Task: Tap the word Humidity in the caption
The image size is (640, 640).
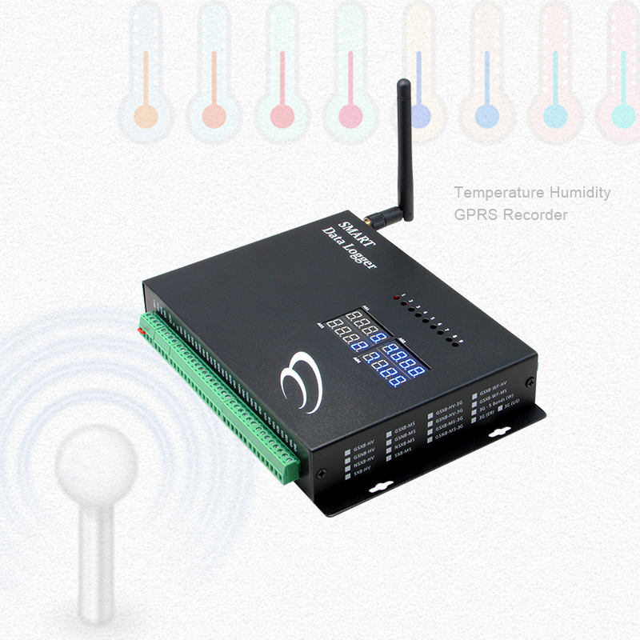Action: pos(578,193)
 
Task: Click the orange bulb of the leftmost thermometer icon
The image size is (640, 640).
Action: pos(145,114)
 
